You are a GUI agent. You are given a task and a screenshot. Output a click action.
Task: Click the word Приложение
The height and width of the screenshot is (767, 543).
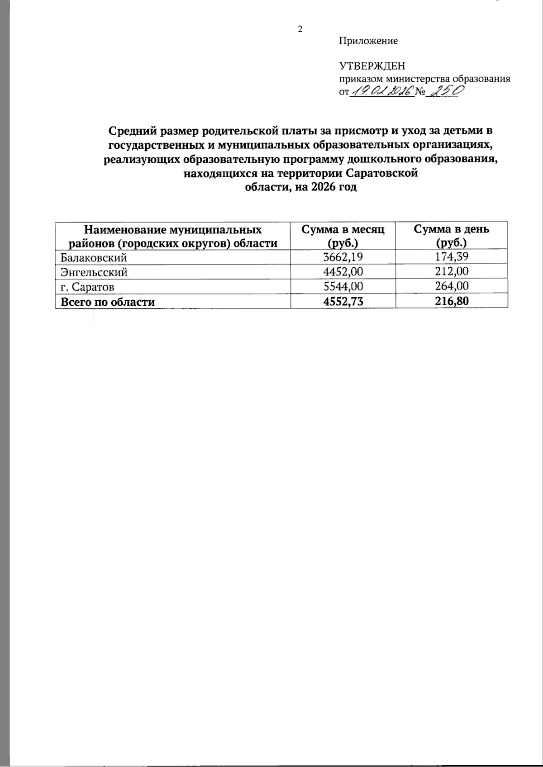click(x=368, y=41)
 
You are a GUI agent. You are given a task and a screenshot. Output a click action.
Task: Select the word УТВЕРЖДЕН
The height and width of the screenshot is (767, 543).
click(x=372, y=66)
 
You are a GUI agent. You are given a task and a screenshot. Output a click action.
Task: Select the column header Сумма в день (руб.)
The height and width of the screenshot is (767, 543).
click(x=452, y=236)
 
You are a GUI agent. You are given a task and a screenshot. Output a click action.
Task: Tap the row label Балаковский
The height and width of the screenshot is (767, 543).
click(x=93, y=258)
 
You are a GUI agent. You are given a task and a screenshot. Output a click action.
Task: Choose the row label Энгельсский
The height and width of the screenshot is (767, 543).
click(x=94, y=272)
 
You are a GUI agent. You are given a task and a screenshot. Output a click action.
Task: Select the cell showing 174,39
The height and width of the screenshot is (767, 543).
click(x=452, y=258)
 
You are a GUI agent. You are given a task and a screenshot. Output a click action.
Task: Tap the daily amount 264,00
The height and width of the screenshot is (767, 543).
click(x=452, y=287)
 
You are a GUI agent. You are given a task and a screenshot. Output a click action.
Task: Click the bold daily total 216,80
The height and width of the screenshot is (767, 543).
click(x=452, y=302)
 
